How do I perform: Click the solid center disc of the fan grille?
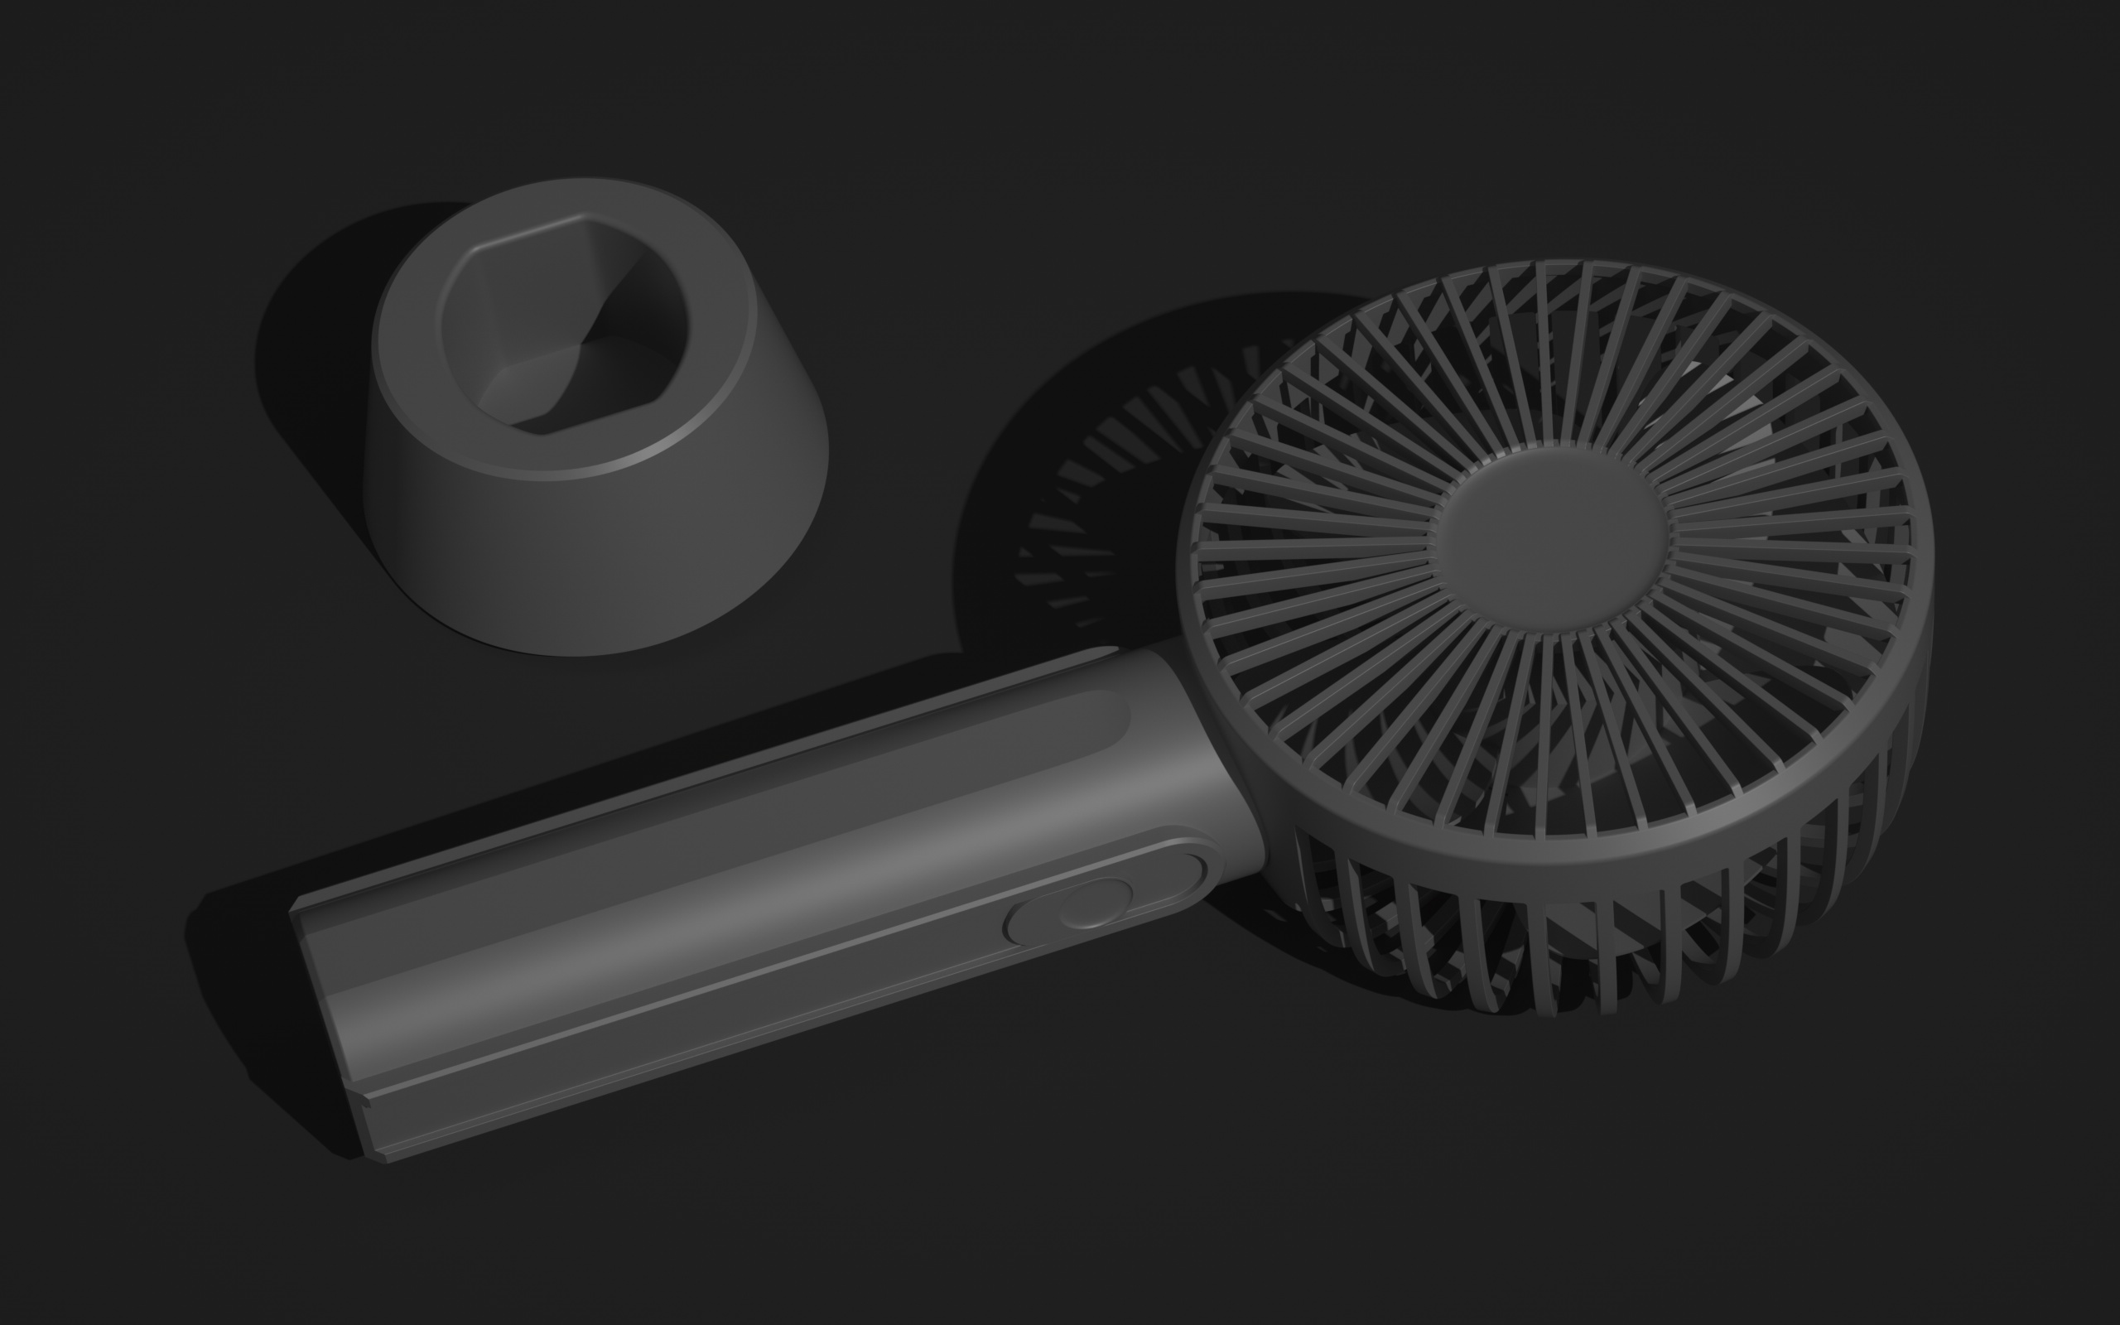click(x=1549, y=537)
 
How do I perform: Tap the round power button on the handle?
click(x=1095, y=904)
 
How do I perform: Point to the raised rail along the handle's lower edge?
click(x=701, y=1025)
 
